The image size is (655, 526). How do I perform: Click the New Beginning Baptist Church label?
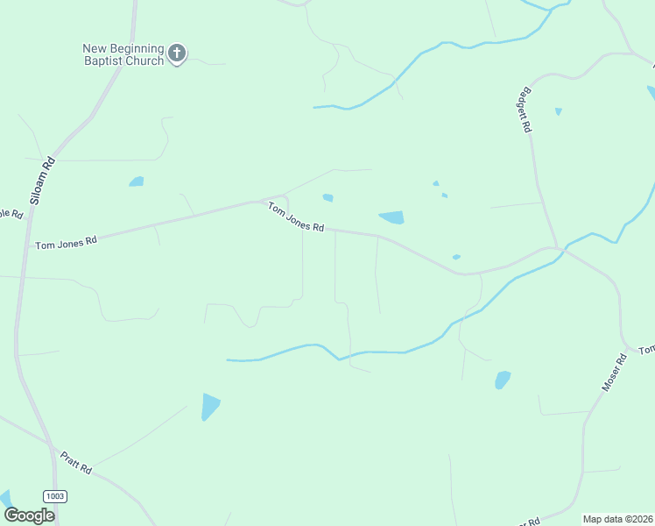(123, 54)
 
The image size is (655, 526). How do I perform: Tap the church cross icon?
(177, 54)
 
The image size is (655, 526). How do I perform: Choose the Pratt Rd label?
(76, 462)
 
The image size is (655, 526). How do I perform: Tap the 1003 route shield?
(54, 496)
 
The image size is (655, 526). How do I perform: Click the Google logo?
(30, 515)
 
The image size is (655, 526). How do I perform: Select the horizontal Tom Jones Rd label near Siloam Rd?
(66, 242)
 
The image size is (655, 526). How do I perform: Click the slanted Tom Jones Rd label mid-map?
(296, 217)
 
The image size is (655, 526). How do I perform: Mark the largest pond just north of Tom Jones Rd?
(391, 217)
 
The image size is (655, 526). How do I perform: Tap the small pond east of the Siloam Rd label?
(136, 181)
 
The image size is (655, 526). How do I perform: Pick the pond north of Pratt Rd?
(210, 406)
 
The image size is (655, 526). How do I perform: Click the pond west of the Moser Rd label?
(502, 380)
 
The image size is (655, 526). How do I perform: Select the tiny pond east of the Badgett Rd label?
(558, 111)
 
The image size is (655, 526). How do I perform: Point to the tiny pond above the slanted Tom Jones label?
(327, 197)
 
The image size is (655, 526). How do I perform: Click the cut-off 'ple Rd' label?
(11, 214)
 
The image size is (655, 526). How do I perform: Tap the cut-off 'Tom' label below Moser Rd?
(646, 350)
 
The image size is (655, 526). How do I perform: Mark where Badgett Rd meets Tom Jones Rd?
(555, 248)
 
